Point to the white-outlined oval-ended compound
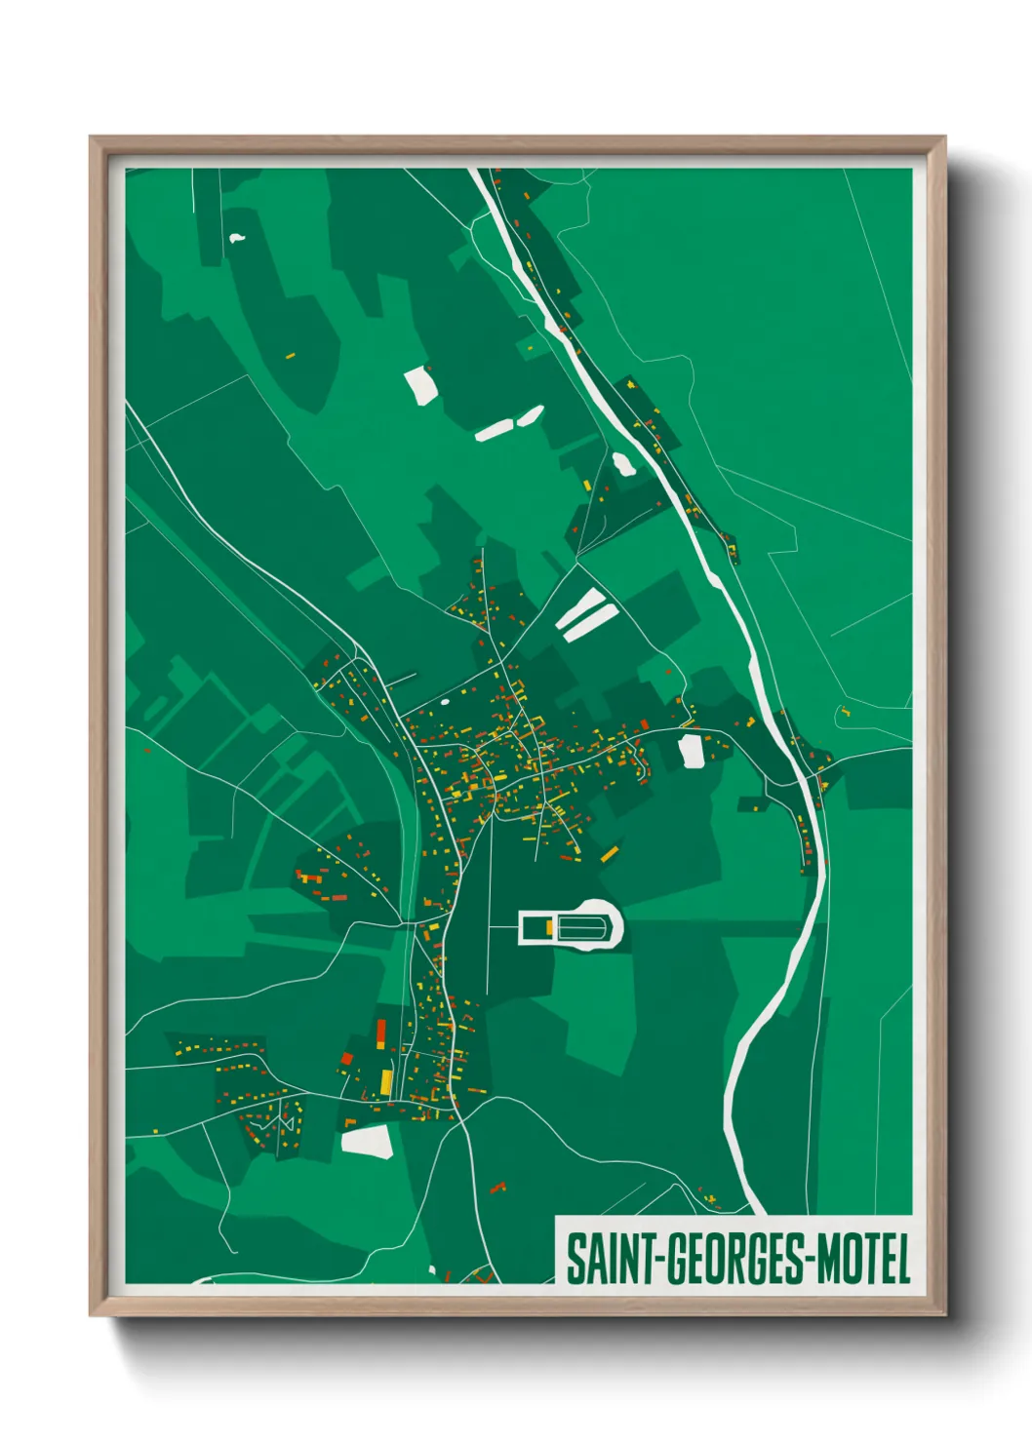pyautogui.click(x=571, y=925)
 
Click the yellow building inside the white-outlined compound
pyautogui.click(x=550, y=926)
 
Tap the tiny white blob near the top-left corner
pyautogui.click(x=236, y=237)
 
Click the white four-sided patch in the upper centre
pyautogui.click(x=419, y=384)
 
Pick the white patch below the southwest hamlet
pyautogui.click(x=368, y=1141)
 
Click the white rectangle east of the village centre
pyautogui.click(x=691, y=751)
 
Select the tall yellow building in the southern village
pyautogui.click(x=386, y=1081)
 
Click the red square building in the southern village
pyautogui.click(x=346, y=1058)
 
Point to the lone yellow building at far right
pyautogui.click(x=845, y=713)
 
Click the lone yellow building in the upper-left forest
pyautogui.click(x=290, y=356)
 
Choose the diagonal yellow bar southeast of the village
pyautogui.click(x=610, y=854)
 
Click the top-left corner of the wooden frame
pyautogui.click(x=91, y=137)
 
